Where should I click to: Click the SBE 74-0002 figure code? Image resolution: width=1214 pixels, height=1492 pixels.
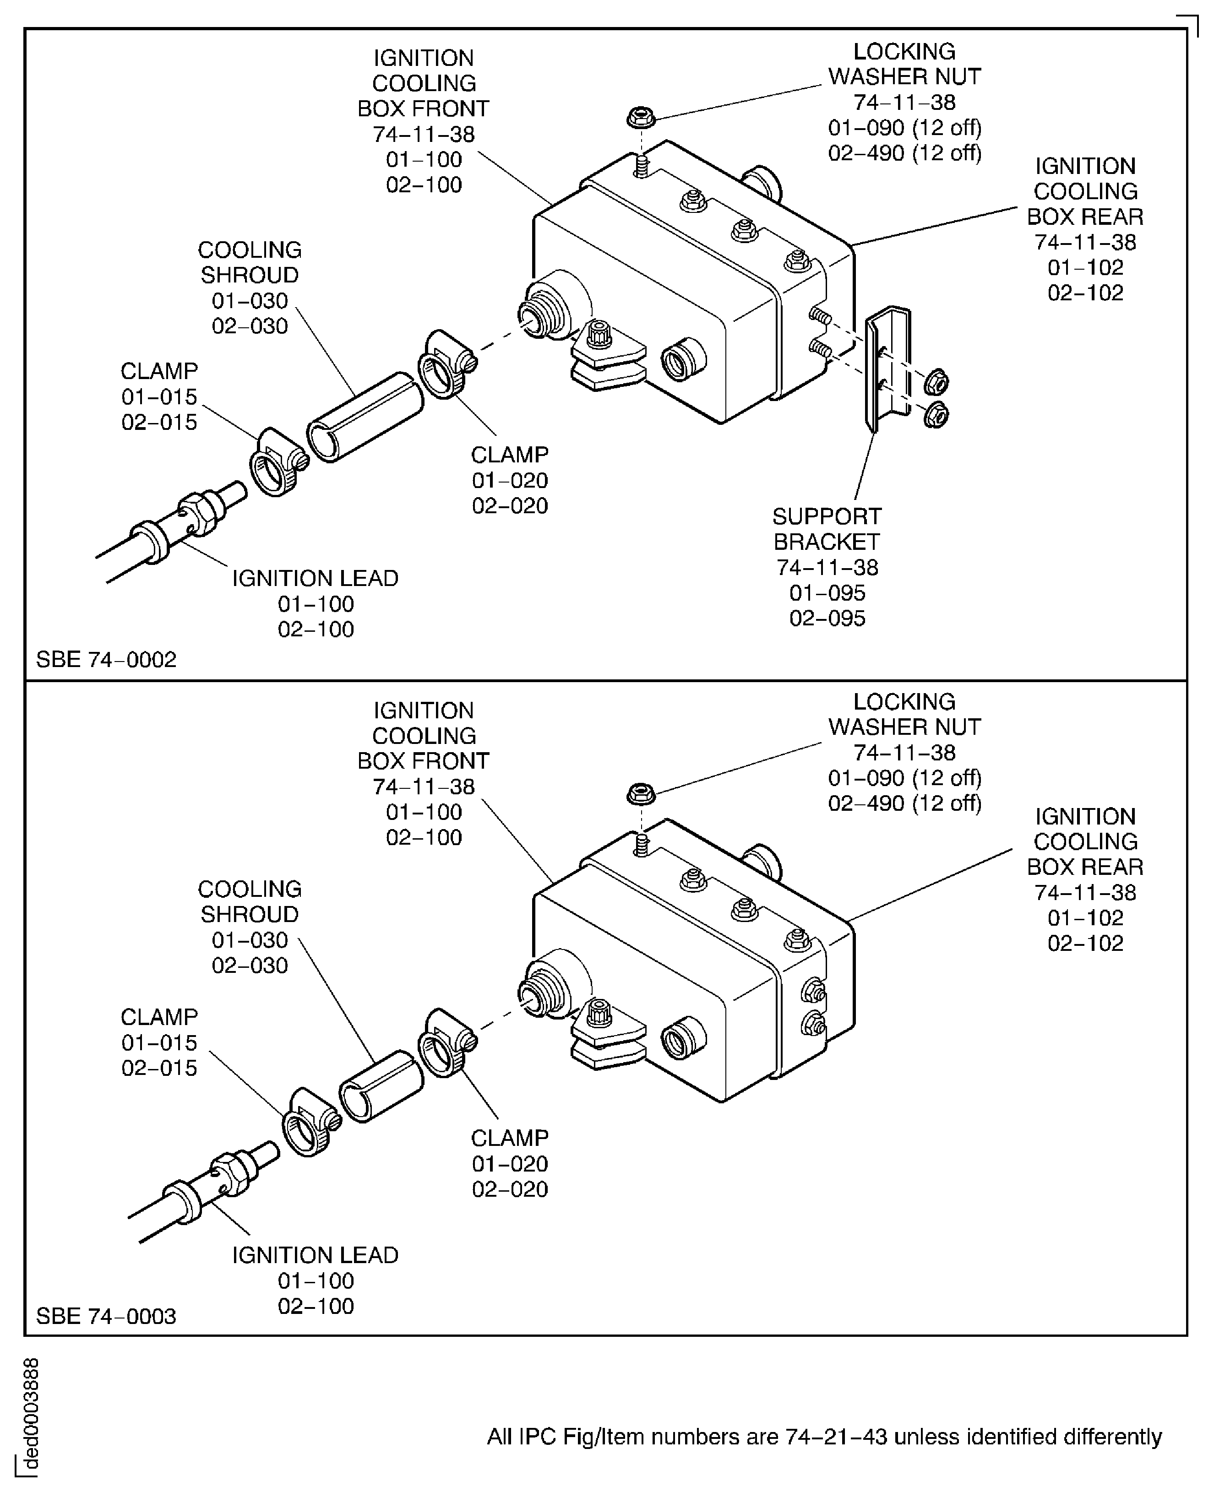(x=106, y=659)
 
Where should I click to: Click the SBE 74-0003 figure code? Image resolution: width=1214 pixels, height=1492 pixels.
(x=106, y=1316)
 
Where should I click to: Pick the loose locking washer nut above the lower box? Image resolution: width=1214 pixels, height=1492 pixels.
(x=641, y=794)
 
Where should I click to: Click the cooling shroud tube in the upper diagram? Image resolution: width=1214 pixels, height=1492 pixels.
(x=365, y=417)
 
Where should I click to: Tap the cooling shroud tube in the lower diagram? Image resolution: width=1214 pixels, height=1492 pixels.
(x=381, y=1086)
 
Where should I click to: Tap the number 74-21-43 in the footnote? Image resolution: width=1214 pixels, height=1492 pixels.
(x=836, y=1437)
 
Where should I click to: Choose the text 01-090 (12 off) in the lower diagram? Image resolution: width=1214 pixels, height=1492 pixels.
(x=905, y=777)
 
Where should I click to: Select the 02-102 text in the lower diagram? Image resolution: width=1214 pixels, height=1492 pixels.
(x=1084, y=943)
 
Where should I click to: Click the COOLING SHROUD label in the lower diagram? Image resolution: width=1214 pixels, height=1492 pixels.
(x=250, y=901)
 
